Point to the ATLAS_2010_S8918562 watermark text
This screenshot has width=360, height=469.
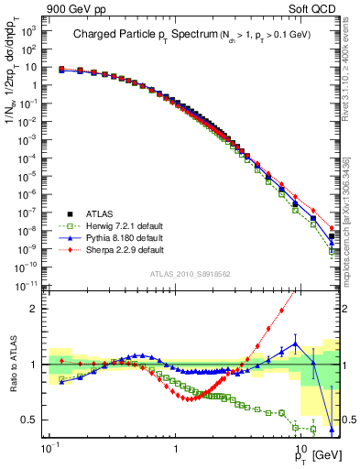point(191,274)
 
